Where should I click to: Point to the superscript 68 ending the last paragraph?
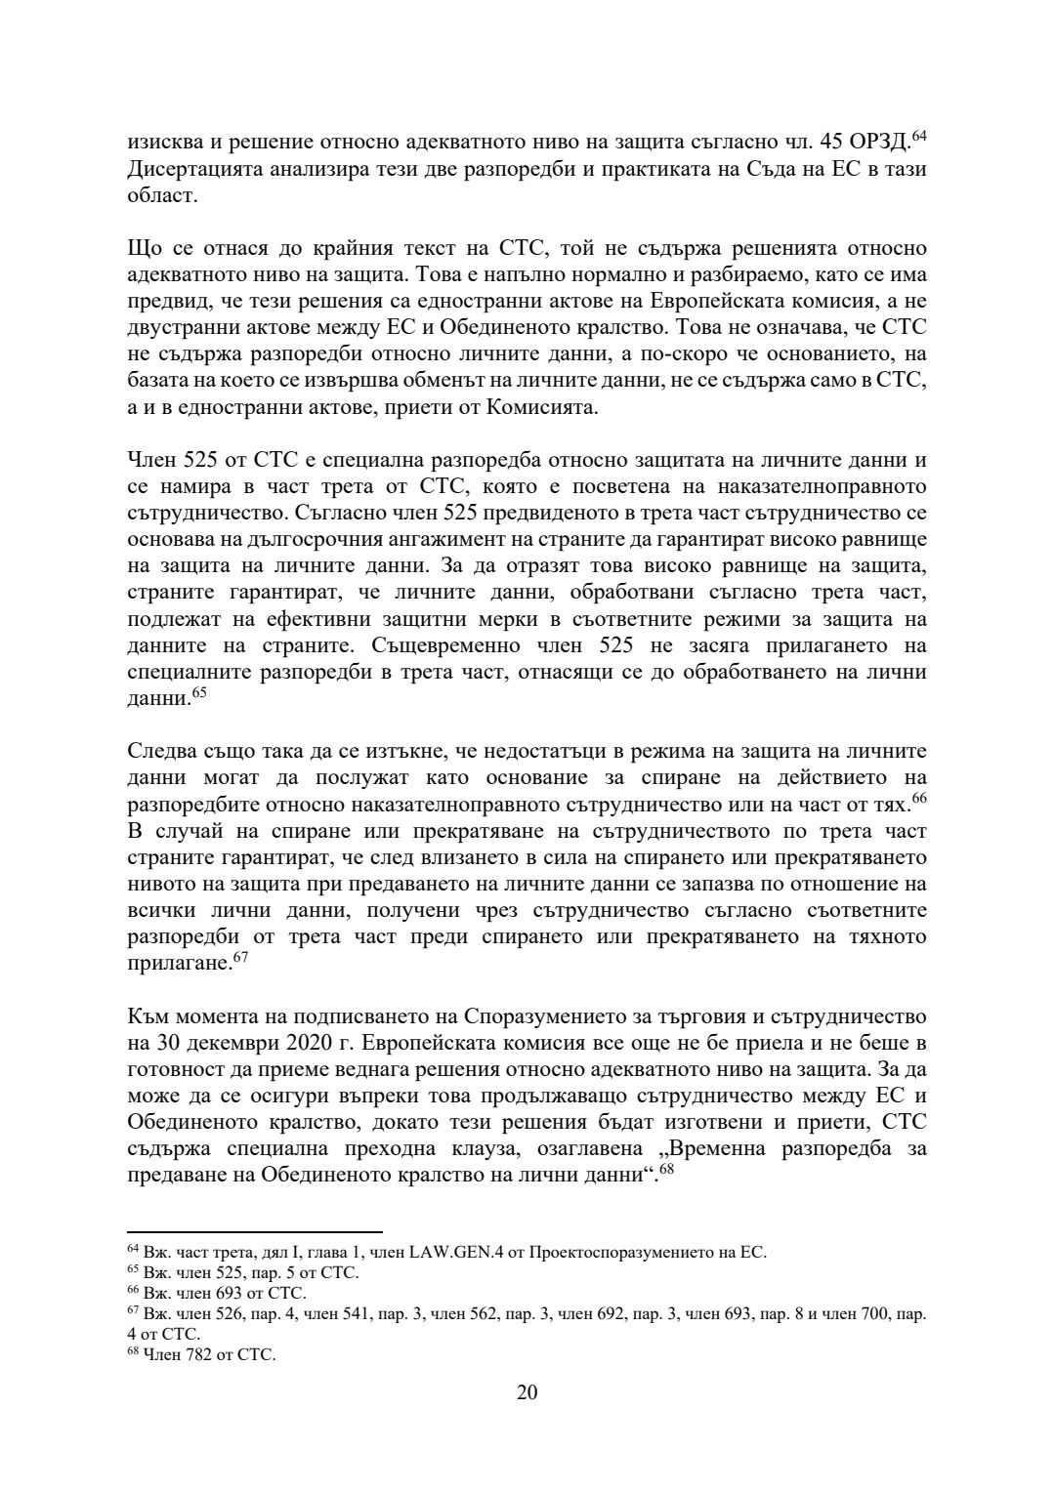pyautogui.click(x=667, y=1169)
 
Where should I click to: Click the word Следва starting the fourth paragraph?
pyautogui.click(x=160, y=752)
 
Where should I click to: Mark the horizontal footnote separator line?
pyautogui.click(x=255, y=1232)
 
